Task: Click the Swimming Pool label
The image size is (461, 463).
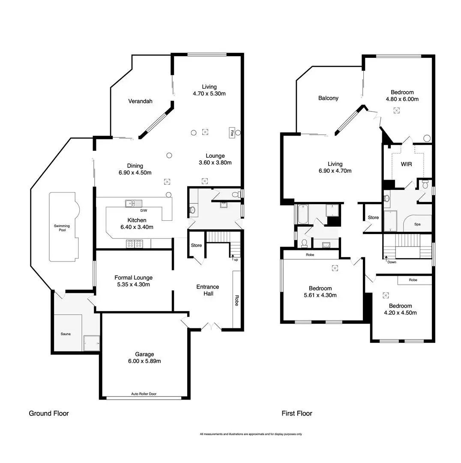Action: click(62, 228)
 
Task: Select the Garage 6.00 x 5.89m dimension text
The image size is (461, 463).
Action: click(144, 361)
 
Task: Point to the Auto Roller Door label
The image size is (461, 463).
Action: click(144, 394)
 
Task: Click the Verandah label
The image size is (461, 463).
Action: click(141, 102)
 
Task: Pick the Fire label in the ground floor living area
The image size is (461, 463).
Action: click(232, 132)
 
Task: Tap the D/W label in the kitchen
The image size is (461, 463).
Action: click(144, 210)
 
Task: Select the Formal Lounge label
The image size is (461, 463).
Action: click(133, 278)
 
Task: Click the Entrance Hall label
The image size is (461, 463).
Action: click(208, 290)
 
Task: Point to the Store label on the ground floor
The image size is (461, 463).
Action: click(196, 246)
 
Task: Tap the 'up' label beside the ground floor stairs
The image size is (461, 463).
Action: click(235, 260)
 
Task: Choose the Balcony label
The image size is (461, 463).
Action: click(328, 98)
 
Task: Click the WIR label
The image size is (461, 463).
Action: click(406, 164)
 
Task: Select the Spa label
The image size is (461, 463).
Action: click(417, 224)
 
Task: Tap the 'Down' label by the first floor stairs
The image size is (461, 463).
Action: click(392, 262)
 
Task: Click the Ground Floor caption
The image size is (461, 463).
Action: click(49, 414)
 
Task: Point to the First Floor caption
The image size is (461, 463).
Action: click(297, 414)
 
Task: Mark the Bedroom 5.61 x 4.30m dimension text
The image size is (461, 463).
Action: click(320, 295)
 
